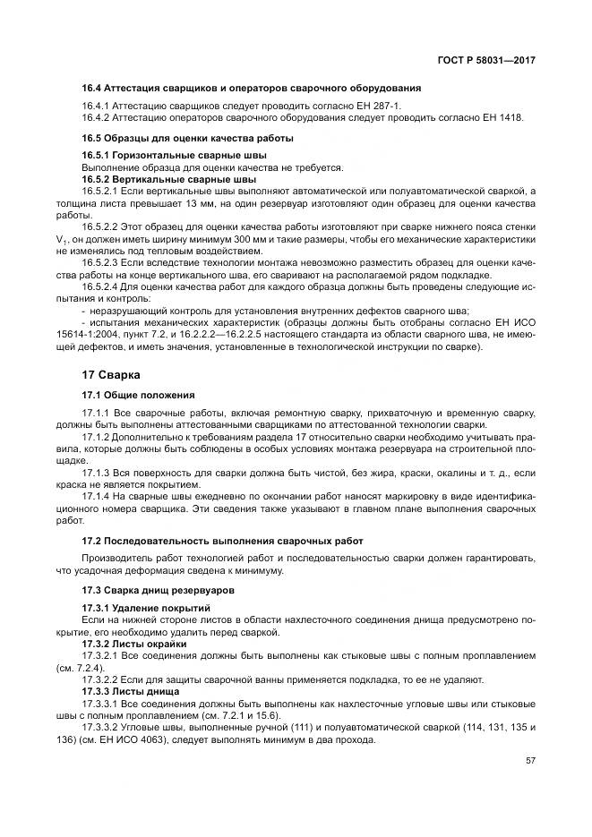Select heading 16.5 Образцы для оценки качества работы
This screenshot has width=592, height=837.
click(188, 139)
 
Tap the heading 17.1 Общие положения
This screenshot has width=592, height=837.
click(138, 396)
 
